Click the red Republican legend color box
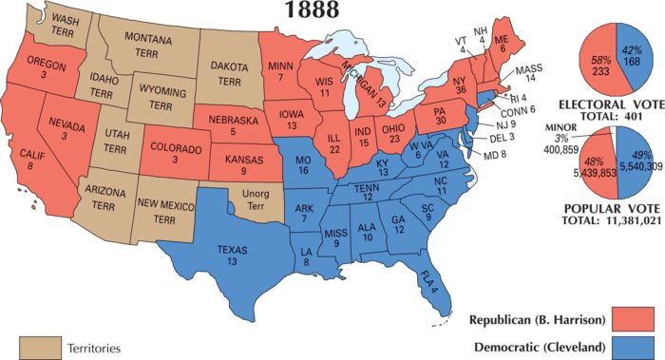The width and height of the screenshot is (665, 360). [x=630, y=315]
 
